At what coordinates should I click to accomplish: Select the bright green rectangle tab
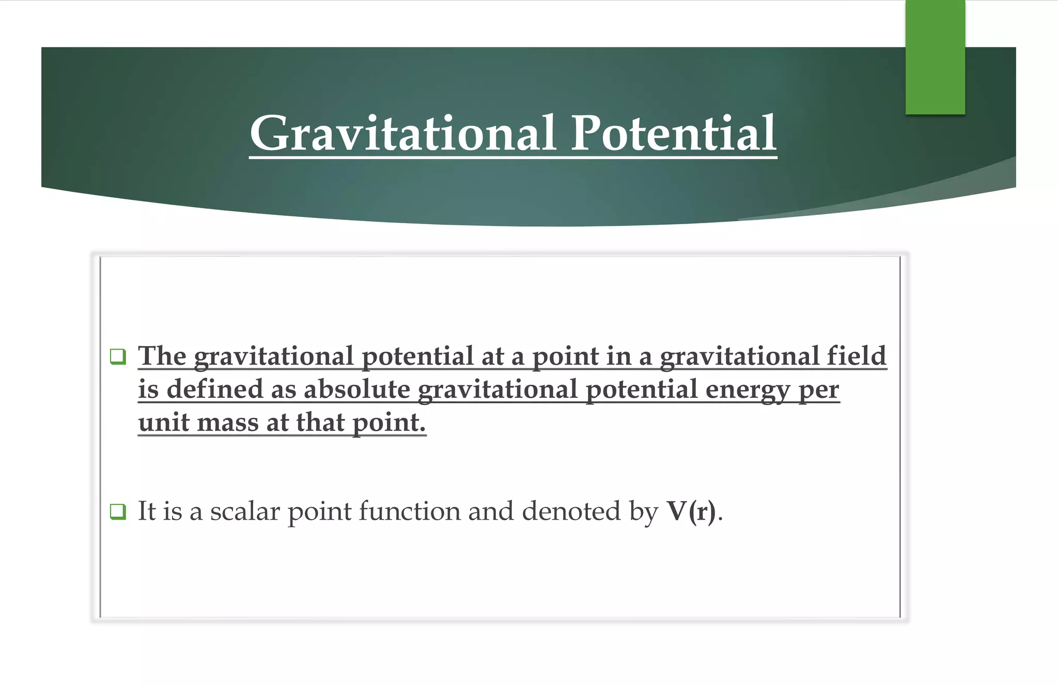point(935,57)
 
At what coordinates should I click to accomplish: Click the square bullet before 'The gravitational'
point(118,356)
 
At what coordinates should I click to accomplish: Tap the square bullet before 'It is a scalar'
point(118,511)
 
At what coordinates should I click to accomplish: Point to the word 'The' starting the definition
point(162,356)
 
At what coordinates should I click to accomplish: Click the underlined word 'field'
point(856,356)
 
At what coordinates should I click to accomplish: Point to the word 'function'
point(410,511)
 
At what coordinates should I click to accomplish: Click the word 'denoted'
point(571,511)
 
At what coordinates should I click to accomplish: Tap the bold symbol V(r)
point(691,511)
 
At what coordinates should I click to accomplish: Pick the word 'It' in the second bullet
point(147,511)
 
